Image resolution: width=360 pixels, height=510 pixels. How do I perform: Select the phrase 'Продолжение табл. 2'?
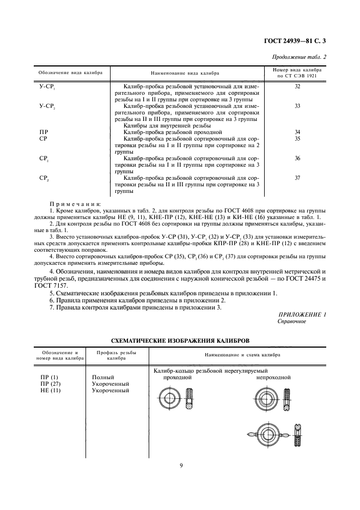[x=303, y=56]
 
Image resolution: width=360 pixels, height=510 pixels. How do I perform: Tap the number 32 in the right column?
[x=297, y=87]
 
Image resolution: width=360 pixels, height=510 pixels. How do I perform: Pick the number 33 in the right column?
[x=297, y=106]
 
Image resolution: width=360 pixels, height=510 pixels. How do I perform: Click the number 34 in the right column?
[x=297, y=132]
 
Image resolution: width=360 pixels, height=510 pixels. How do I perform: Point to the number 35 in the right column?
[x=297, y=139]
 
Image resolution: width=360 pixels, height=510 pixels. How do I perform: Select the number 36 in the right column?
[x=297, y=158]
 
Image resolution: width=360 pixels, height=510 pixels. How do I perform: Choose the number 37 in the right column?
[x=297, y=178]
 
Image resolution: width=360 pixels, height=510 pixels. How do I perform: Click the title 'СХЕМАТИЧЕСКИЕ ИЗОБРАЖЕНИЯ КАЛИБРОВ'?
[x=180, y=339]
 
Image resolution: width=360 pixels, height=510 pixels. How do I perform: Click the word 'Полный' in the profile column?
[x=103, y=377]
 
